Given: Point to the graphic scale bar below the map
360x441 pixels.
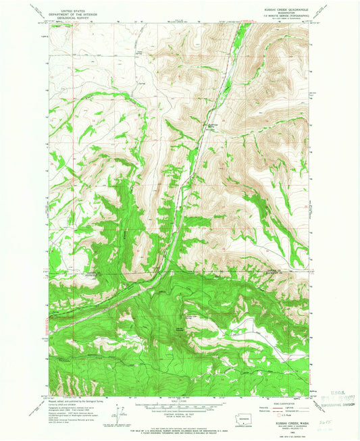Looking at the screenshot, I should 177,407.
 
